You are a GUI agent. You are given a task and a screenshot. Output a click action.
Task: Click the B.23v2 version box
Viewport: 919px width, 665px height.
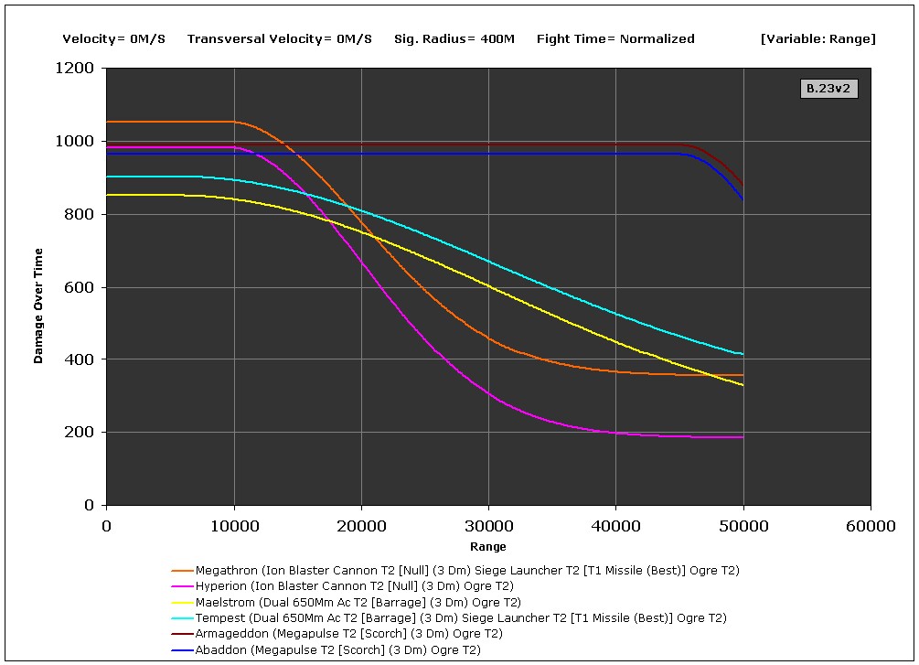pyautogui.click(x=829, y=89)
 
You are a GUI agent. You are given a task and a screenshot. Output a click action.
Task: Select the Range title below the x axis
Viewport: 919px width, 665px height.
pyautogui.click(x=487, y=547)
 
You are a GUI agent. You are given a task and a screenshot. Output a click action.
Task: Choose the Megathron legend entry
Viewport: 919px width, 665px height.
pyautogui.click(x=467, y=570)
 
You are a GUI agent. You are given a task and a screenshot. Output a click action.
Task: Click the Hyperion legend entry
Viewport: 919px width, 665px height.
pyautogui.click(x=354, y=586)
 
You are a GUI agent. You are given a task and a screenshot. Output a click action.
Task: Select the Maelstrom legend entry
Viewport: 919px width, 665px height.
pyautogui.click(x=358, y=602)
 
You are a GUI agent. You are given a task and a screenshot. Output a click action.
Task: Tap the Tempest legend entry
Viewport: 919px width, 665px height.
pyautogui.click(x=461, y=617)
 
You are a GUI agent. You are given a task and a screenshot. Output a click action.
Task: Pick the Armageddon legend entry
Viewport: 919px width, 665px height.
pyautogui.click(x=348, y=633)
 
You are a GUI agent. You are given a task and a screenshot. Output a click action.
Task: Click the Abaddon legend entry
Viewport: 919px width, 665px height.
pyautogui.click(x=337, y=649)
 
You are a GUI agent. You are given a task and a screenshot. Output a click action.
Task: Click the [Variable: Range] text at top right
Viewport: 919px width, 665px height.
pyautogui.click(x=817, y=38)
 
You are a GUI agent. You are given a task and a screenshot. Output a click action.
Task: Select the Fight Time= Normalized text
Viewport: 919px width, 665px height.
pyautogui.click(x=615, y=38)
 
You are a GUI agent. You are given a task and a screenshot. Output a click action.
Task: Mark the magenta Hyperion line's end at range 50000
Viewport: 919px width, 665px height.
pyautogui.click(x=743, y=437)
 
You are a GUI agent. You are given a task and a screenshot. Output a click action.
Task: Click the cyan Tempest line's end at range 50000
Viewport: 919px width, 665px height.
pyautogui.click(x=743, y=354)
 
